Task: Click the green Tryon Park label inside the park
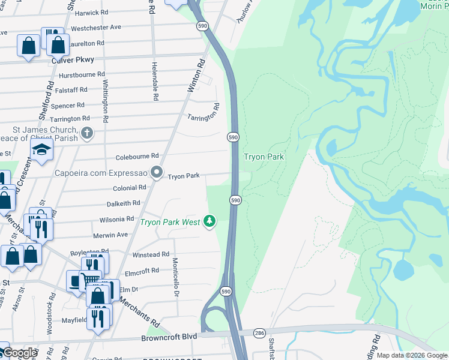[263, 157]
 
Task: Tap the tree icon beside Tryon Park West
[209, 221]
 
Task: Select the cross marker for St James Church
[87, 133]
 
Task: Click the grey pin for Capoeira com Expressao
[157, 173]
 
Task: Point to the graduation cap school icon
[42, 149]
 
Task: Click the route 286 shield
[259, 332]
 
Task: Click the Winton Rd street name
[196, 75]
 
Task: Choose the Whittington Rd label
[106, 101]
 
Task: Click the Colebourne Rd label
[137, 156]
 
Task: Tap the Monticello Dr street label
[176, 278]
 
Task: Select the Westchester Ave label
[95, 28]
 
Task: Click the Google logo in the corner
[20, 353]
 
